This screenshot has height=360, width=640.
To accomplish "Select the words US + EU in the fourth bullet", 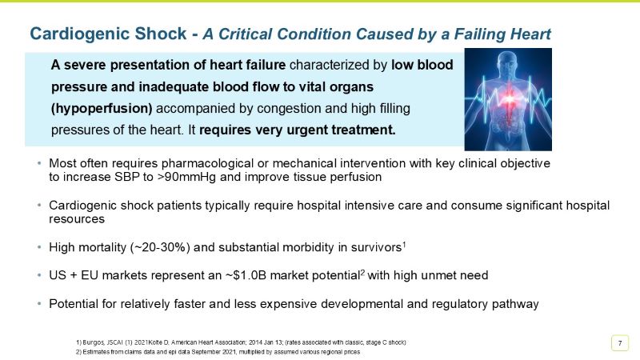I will [70, 275].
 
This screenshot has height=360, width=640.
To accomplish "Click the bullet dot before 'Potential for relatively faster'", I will [39, 304].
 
